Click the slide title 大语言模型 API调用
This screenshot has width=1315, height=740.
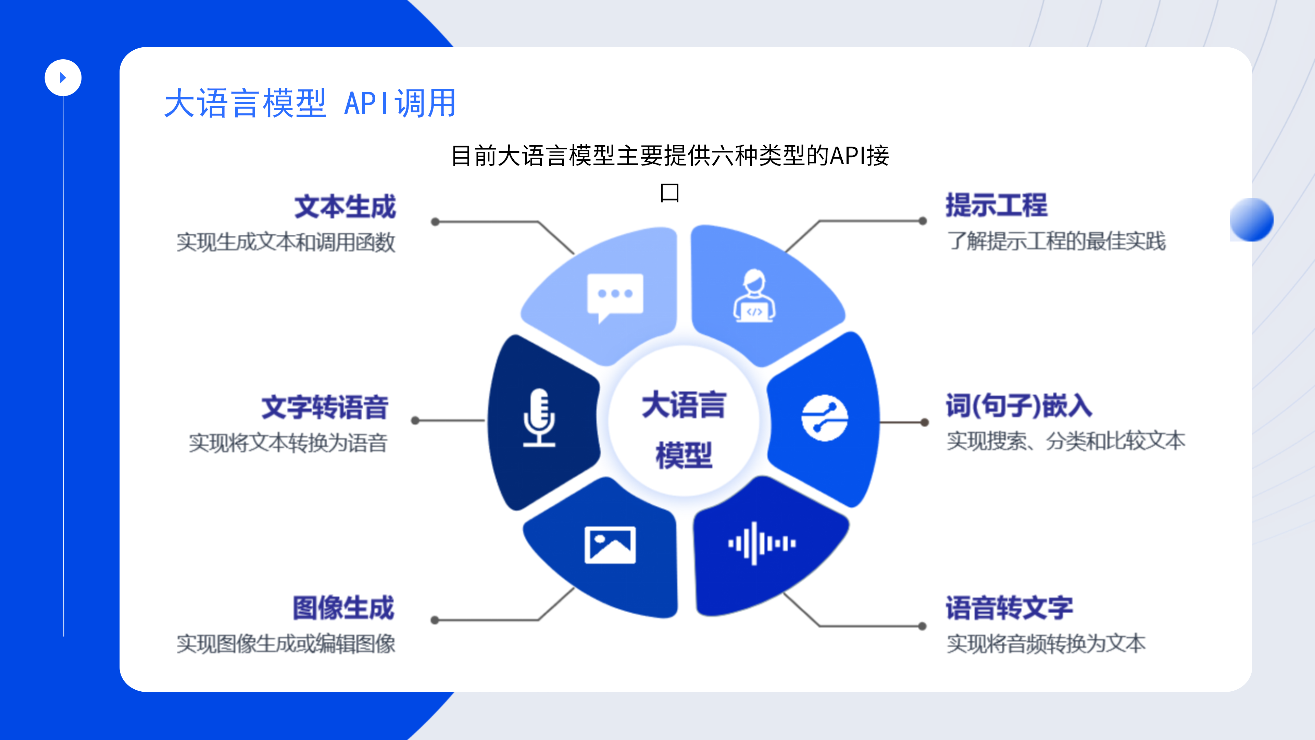tap(310, 103)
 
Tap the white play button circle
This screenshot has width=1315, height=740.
tap(63, 78)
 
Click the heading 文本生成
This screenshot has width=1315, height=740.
tap(345, 207)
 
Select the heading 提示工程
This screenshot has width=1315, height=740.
tap(997, 205)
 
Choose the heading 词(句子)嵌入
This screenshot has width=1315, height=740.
tap(1019, 406)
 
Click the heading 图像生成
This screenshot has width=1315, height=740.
tap(343, 608)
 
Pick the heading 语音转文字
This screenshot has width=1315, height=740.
tap(1009, 608)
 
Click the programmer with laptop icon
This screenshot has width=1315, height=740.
tap(754, 296)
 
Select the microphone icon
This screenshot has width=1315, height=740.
tap(539, 418)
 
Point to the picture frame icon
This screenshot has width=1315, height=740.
tap(610, 545)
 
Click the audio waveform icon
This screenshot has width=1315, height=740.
tap(762, 543)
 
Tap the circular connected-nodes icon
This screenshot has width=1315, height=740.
tap(824, 418)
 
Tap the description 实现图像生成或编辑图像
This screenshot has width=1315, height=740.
tap(286, 643)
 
